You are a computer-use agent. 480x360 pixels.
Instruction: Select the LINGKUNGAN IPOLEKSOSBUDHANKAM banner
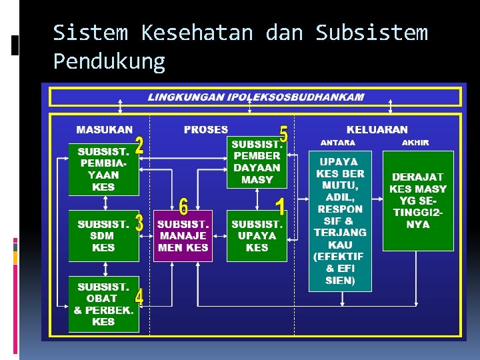(x=256, y=97)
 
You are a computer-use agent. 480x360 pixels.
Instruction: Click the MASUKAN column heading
(x=104, y=130)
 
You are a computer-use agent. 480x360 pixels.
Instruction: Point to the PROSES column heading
(x=205, y=130)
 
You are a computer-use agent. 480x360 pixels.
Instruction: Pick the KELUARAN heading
(x=377, y=130)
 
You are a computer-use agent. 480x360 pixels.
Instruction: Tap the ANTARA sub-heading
(x=338, y=143)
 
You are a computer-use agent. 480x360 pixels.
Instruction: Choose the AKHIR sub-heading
(x=415, y=143)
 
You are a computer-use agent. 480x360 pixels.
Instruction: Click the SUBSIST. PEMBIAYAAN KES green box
(x=103, y=169)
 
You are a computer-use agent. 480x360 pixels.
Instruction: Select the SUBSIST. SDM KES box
(x=103, y=236)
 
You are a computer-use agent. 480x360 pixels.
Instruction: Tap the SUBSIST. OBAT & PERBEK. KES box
(x=103, y=304)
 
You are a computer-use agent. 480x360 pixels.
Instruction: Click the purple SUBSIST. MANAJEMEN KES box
(x=183, y=236)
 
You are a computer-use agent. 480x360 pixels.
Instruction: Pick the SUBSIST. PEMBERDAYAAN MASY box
(x=257, y=161)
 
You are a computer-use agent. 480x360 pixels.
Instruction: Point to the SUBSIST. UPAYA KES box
(x=257, y=236)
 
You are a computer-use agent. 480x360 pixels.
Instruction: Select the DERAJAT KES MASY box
(x=418, y=201)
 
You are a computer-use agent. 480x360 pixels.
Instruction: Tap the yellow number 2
(x=139, y=147)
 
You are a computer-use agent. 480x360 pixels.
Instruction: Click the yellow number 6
(x=183, y=205)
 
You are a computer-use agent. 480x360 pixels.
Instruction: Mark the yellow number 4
(x=139, y=297)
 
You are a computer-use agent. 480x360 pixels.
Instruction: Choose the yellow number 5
(x=283, y=134)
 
